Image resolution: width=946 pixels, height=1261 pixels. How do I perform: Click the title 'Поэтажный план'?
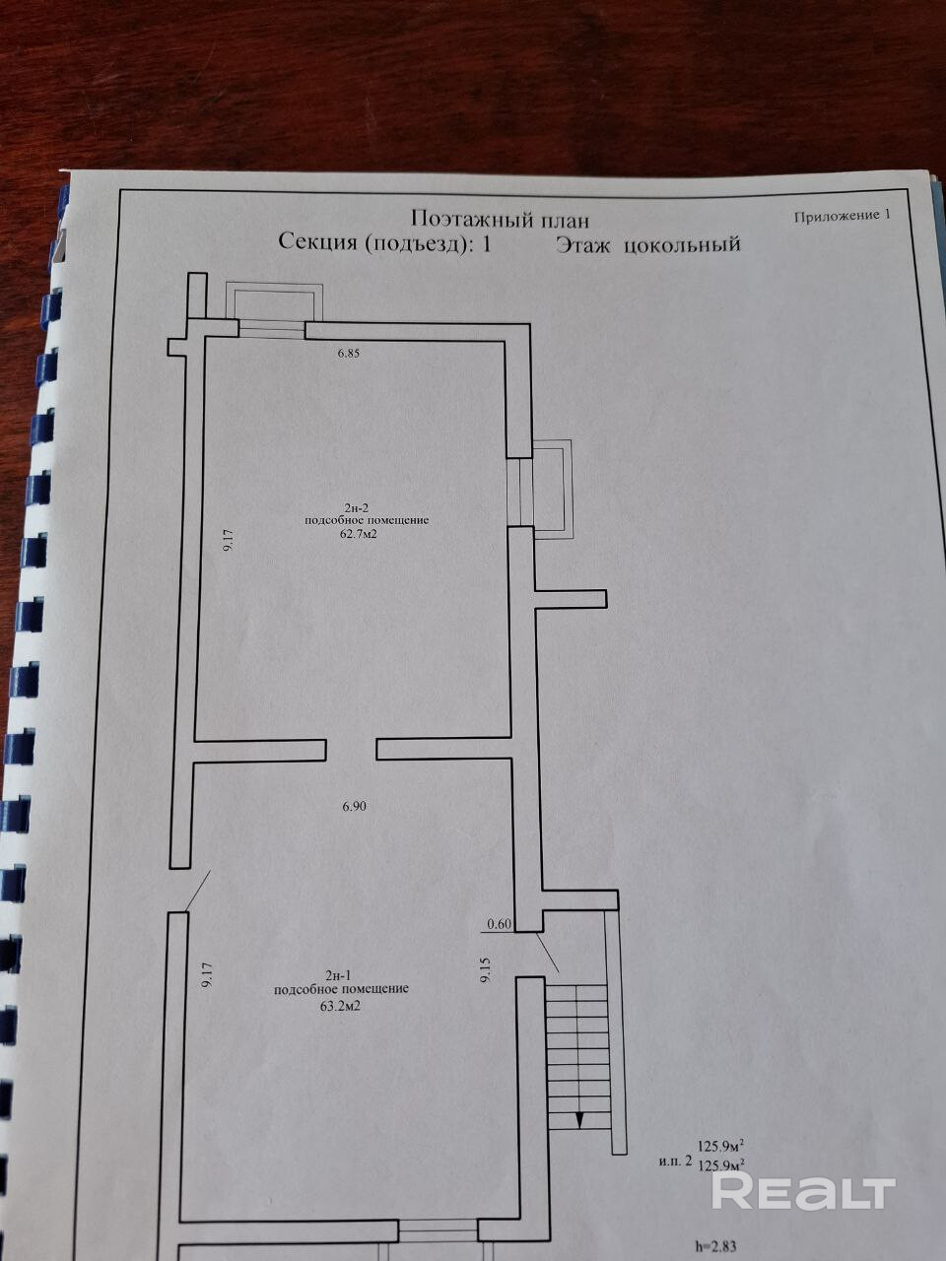coord(500,219)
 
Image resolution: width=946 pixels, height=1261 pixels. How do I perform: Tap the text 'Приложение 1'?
coord(842,216)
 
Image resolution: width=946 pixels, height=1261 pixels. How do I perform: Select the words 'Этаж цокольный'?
coord(646,244)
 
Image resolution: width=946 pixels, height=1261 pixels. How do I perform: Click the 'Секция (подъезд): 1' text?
coord(384,243)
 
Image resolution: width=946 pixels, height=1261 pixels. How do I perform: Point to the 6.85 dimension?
coord(350,354)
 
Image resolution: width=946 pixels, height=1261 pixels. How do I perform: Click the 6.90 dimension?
coord(354,806)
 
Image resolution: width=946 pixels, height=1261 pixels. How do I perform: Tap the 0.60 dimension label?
coord(500,924)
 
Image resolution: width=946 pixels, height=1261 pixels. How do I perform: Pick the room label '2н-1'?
coord(341,975)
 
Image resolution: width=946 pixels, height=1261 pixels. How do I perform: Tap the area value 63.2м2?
coord(342,1007)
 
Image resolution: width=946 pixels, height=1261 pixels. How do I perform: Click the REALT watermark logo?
coord(803,1191)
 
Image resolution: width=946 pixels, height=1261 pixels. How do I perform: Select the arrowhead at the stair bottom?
coord(580,1119)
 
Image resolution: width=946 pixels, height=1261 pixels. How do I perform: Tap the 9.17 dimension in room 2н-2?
coord(229,543)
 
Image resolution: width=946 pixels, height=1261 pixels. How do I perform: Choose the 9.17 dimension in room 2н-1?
coord(207,974)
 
